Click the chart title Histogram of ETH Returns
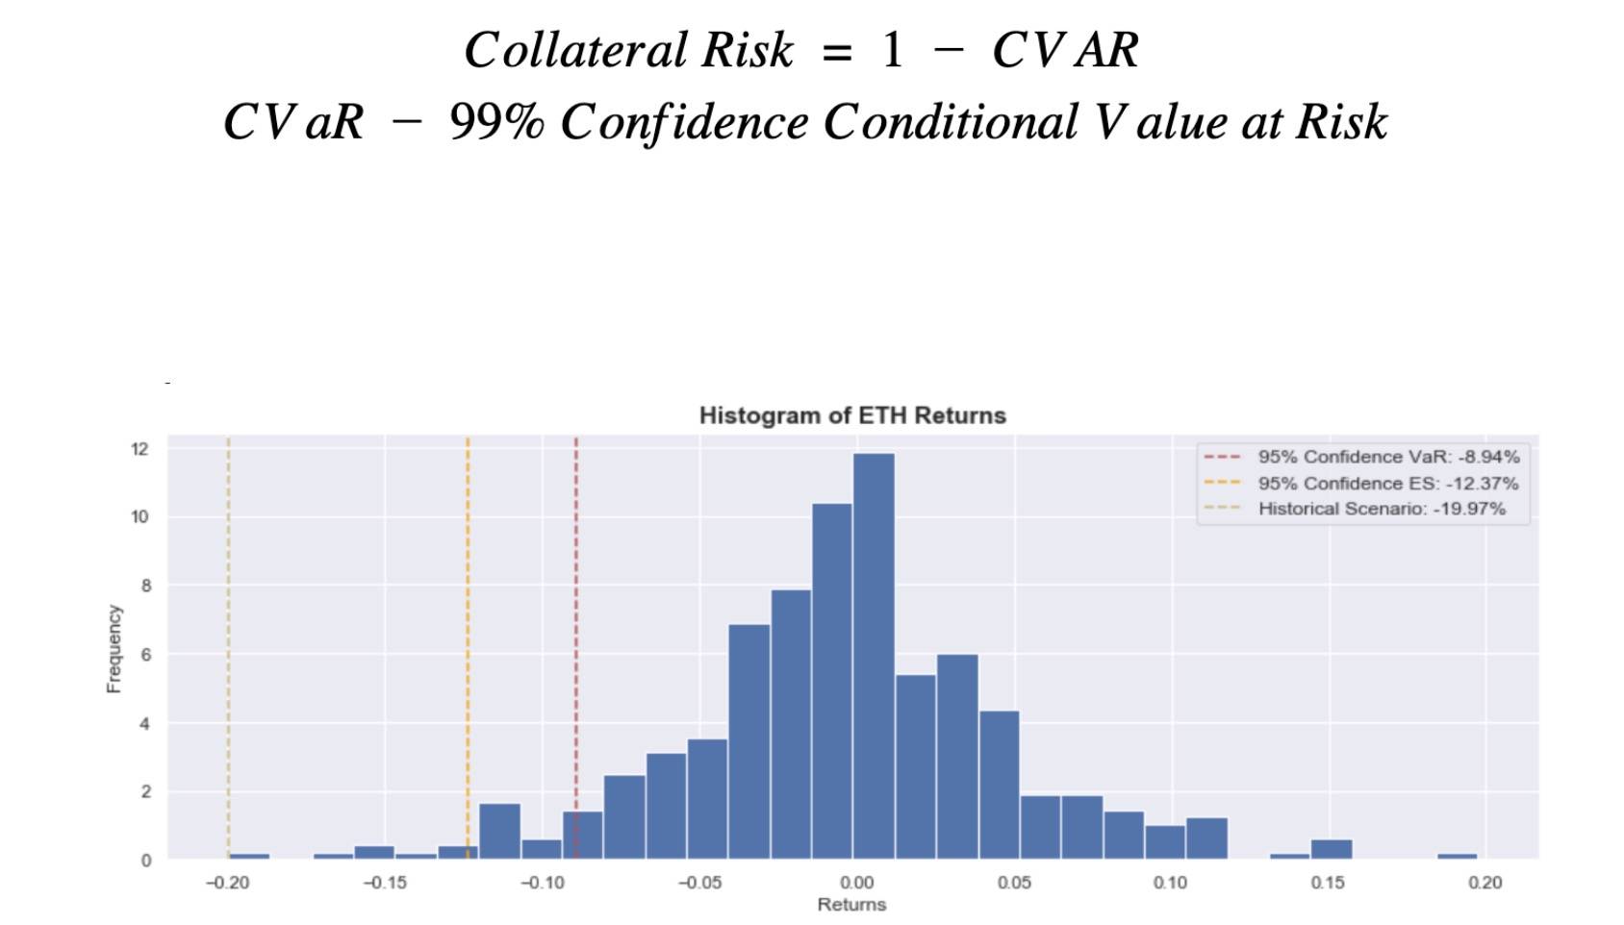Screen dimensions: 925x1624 tap(852, 415)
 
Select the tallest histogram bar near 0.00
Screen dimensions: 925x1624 tap(874, 654)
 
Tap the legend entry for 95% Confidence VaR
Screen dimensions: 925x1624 tap(1388, 457)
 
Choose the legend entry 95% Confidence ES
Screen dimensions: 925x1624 tap(1387, 483)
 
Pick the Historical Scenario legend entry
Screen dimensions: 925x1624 tap(1382, 509)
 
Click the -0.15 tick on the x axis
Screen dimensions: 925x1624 tap(385, 883)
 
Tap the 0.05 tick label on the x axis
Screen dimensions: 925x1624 tap(1014, 883)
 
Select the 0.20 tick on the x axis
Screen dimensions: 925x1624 tap(1484, 883)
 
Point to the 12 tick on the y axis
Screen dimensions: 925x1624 tap(140, 449)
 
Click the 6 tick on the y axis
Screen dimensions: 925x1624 tap(144, 655)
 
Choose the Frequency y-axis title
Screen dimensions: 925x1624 tap(114, 648)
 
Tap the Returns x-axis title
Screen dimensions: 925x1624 tap(851, 905)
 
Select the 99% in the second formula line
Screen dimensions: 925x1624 tap(496, 122)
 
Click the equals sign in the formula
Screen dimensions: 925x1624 tap(837, 53)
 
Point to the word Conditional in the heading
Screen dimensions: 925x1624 tap(951, 122)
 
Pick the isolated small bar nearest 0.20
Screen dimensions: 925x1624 tap(1457, 855)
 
